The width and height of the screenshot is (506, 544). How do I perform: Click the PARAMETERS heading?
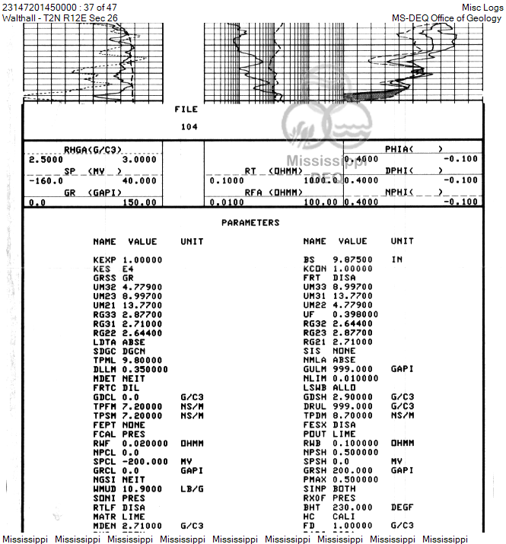250,223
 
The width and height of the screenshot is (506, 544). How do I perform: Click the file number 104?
189,127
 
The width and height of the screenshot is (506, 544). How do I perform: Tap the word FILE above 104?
186,110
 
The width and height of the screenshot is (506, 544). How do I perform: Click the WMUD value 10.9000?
142,488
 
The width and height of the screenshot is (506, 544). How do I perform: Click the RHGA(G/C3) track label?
93,149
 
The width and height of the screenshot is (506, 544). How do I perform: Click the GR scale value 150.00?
140,203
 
